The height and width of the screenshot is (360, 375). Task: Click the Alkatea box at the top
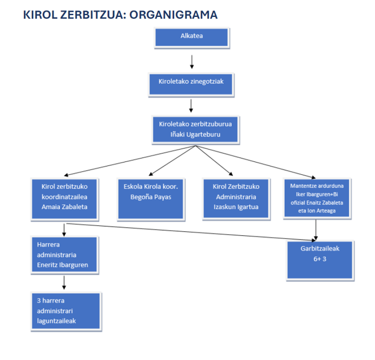coord(192,37)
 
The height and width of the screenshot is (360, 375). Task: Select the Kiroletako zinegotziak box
coord(191,84)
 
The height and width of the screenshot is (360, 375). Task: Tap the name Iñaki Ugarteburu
coord(196,135)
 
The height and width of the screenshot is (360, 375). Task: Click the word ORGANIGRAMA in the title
coord(174,15)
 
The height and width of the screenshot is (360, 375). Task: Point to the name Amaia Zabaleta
coord(64,207)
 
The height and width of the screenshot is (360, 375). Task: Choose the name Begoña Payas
coord(151,197)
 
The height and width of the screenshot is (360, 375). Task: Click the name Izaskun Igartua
coord(236,207)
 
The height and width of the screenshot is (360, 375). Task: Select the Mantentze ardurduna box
coord(317,198)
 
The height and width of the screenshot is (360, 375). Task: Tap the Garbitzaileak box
coord(320,260)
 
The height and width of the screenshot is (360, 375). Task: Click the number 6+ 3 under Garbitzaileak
coord(320,259)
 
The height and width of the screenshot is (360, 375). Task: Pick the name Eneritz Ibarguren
coord(62,265)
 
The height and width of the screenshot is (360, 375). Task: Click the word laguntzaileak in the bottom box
coord(56,321)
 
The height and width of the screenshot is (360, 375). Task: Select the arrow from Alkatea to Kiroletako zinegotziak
coord(192,62)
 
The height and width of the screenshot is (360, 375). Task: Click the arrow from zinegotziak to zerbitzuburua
coord(191,106)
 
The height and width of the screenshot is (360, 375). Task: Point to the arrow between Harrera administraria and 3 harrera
coord(64,283)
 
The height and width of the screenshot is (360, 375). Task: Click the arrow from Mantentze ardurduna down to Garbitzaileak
coord(316,230)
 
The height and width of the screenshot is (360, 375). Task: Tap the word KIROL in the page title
coord(40,15)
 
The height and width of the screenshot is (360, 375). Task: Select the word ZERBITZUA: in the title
coord(93,15)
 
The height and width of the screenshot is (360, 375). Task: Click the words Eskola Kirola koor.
coord(151,186)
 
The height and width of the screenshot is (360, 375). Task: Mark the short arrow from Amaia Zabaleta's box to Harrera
coord(64,230)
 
